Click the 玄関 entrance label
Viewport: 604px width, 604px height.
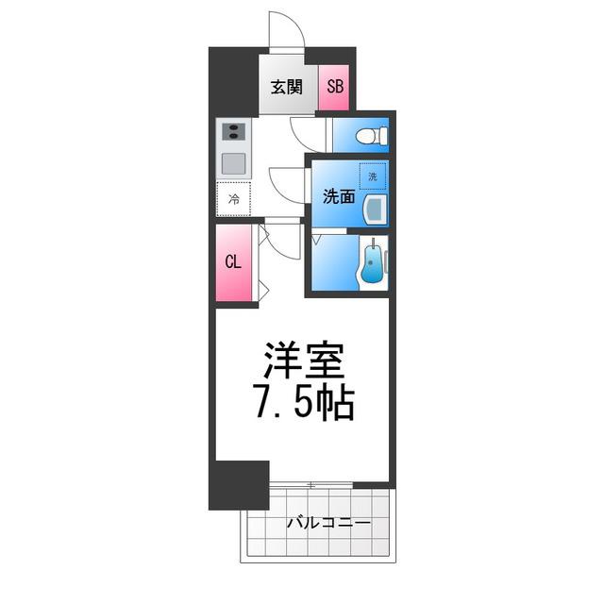pyautogui.click(x=287, y=87)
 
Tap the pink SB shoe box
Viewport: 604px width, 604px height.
pyautogui.click(x=334, y=88)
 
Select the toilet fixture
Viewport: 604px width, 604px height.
pyautogui.click(x=372, y=136)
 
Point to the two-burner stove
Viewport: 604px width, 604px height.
pyautogui.click(x=233, y=132)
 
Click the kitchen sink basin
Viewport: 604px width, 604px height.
pyautogui.click(x=233, y=163)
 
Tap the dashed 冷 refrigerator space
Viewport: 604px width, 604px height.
pyautogui.click(x=233, y=199)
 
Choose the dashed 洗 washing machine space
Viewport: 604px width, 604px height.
pyautogui.click(x=373, y=176)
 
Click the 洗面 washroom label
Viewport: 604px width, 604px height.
pyautogui.click(x=339, y=197)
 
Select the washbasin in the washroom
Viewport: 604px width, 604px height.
pyautogui.click(x=375, y=210)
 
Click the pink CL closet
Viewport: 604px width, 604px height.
pyautogui.click(x=233, y=262)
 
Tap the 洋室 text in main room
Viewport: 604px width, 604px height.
pyautogui.click(x=304, y=360)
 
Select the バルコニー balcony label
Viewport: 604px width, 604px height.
pyautogui.click(x=328, y=523)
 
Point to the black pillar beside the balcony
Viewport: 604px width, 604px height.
pyautogui.click(x=239, y=485)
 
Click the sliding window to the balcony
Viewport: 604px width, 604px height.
pyautogui.click(x=310, y=485)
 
